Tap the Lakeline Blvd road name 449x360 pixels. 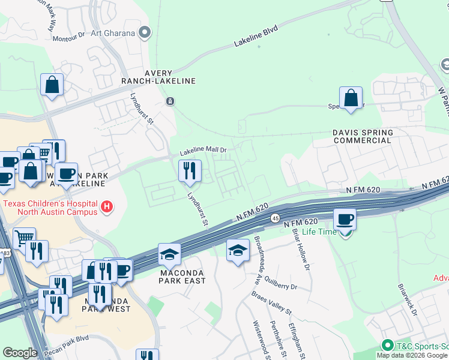tap(256, 40)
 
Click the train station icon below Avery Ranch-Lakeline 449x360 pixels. tap(170, 101)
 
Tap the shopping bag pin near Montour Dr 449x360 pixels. tap(52, 85)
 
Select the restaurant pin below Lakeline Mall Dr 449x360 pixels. tap(190, 172)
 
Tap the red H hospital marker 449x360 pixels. tap(107, 207)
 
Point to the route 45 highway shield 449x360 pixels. tap(274, 218)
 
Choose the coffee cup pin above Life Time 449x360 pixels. tap(345, 220)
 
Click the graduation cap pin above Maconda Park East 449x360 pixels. tap(169, 255)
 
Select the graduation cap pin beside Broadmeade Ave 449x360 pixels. tap(238, 250)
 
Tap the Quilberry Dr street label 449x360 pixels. tap(277, 287)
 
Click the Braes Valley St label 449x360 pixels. tap(271, 305)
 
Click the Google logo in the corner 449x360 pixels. tap(20, 353)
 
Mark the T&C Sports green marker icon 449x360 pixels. tap(388, 346)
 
